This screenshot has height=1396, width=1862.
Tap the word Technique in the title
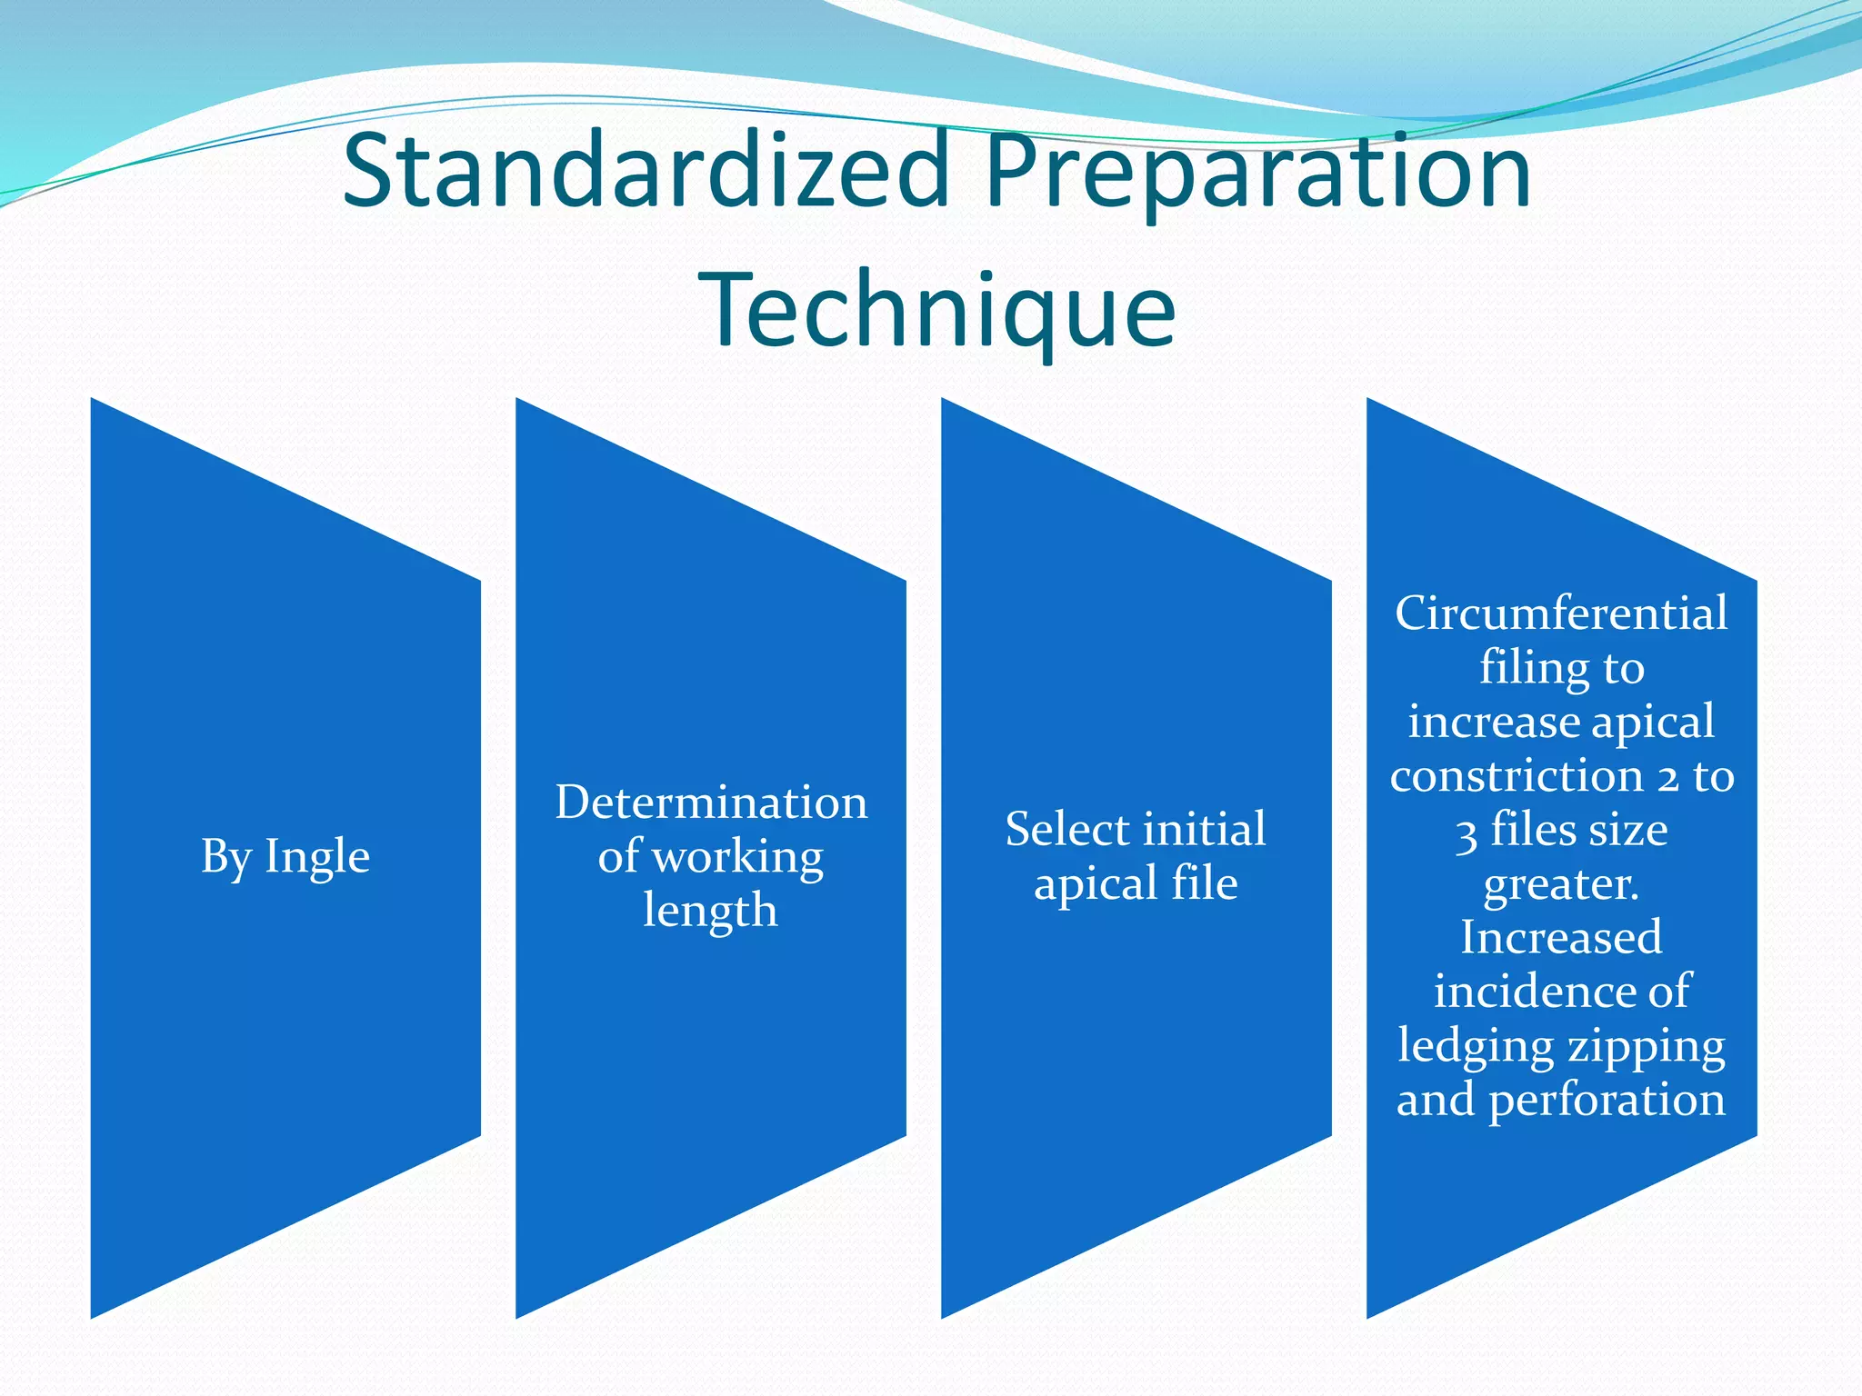tap(936, 311)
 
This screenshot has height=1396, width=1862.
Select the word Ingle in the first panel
tap(317, 857)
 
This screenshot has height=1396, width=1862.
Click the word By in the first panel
tap(225, 857)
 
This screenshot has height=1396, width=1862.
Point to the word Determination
tap(711, 803)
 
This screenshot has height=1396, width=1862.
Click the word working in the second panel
tap(737, 857)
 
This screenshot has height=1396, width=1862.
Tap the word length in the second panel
tap(710, 911)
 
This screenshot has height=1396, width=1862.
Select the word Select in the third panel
tap(1066, 830)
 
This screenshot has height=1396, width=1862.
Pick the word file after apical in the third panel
tap(1204, 883)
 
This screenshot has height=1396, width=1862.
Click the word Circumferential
tap(1561, 613)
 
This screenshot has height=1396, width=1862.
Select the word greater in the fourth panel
tap(1560, 884)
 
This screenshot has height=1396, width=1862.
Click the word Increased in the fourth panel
tap(1561, 938)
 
